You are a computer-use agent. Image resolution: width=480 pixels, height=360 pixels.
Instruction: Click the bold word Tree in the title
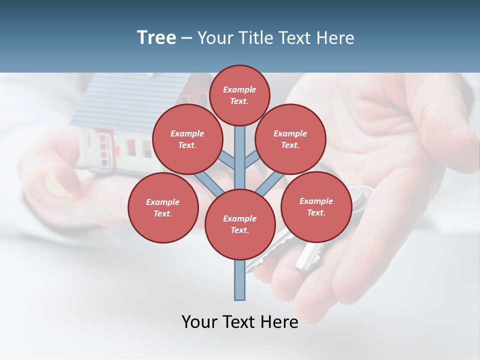(156, 37)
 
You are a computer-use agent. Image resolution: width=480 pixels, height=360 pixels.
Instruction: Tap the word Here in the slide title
(336, 37)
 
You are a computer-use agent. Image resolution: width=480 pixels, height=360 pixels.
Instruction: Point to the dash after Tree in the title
(187, 38)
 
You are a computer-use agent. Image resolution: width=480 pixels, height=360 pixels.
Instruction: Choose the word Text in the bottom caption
(239, 322)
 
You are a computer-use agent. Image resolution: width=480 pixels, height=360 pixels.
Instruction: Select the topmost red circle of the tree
(239, 95)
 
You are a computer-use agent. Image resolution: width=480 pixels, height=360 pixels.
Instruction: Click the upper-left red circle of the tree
(187, 139)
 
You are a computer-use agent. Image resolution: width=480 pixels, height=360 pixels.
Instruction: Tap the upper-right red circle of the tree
(290, 139)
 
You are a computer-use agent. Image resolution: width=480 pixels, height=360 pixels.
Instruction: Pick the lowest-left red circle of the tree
(163, 207)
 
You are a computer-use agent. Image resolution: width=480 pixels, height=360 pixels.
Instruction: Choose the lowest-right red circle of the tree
(316, 206)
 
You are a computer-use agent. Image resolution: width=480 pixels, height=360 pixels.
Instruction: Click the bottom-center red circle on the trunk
(240, 224)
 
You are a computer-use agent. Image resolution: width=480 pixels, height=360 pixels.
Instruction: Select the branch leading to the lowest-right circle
(270, 182)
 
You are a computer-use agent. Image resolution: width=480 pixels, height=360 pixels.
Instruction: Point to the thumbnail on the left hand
(55, 185)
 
